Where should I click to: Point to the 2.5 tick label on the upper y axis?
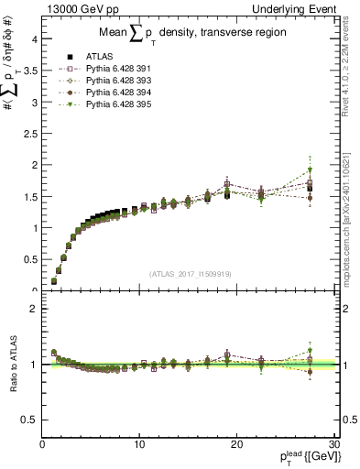(30, 134)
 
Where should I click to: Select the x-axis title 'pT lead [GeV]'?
(306, 457)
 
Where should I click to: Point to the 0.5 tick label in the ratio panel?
(30, 420)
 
